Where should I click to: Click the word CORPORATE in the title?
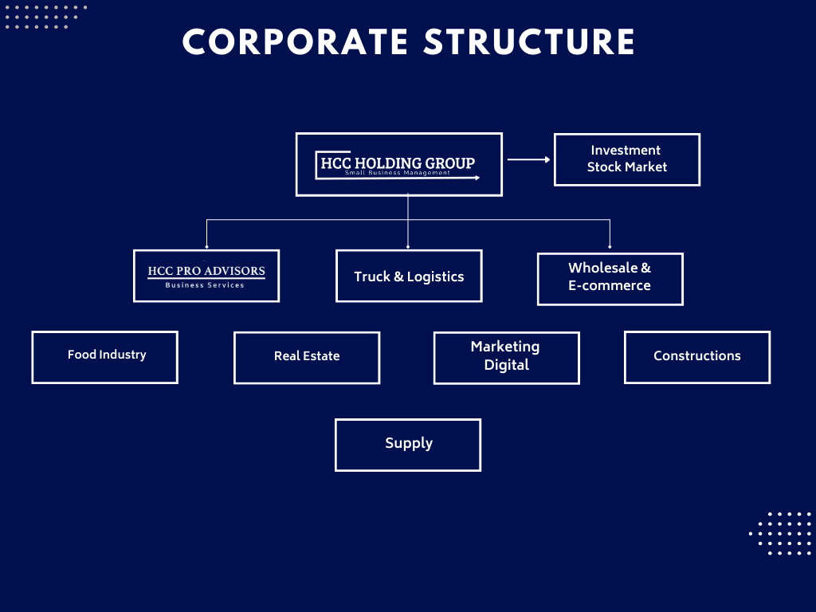296,42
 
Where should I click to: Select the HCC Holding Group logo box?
398,164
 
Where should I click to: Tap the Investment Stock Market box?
626,159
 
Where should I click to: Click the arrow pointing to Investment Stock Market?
528,159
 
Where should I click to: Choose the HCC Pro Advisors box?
206,276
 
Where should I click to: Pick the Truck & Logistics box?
409,277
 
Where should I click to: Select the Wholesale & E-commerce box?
610,279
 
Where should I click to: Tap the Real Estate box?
307,358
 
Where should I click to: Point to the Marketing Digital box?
506,358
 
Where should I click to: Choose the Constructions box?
697,358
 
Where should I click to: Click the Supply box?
408,445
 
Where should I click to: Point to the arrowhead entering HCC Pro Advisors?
206,246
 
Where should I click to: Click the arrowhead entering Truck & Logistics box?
408,246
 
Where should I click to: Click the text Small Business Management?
398,173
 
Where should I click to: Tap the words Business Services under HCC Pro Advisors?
205,285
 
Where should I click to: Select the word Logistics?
436,277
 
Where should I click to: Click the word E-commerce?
610,286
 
